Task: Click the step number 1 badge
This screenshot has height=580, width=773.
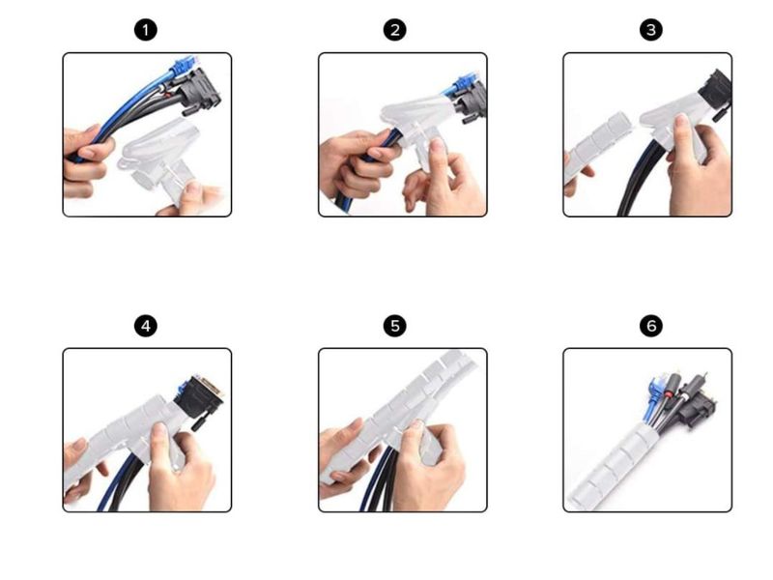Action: point(146,30)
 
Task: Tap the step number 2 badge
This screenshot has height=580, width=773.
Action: point(395,30)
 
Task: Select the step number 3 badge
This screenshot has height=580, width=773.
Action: point(650,30)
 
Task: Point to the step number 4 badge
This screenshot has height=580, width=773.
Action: point(146,326)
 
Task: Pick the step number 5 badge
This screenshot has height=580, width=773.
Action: point(395,326)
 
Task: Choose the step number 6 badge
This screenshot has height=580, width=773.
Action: point(650,326)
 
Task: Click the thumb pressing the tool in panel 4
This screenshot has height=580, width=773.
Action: point(159,438)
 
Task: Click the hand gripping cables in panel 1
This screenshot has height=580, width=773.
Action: point(85,160)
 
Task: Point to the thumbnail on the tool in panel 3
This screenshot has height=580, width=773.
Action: point(682,121)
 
